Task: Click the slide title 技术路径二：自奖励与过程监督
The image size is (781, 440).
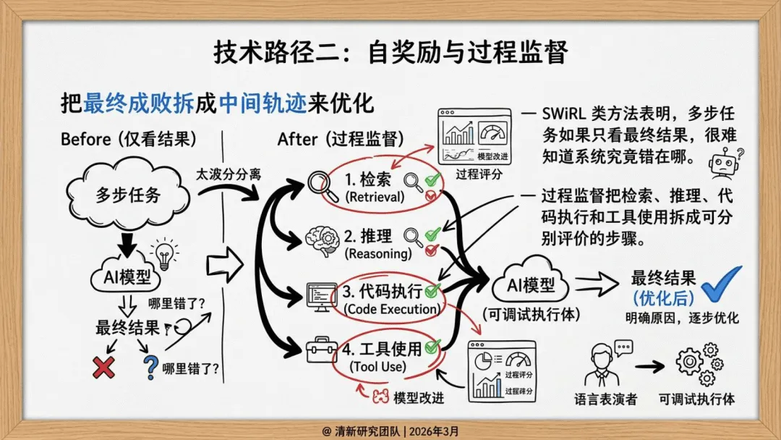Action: [390, 52]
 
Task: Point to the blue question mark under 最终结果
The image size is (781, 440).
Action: [150, 367]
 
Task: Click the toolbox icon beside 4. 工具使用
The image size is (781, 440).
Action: [320, 350]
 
